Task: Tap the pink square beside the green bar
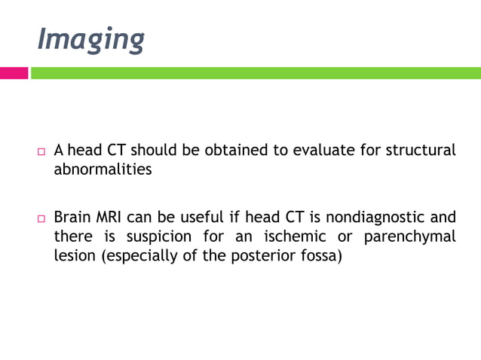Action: tap(14, 73)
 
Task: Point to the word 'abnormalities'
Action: tap(103, 169)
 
